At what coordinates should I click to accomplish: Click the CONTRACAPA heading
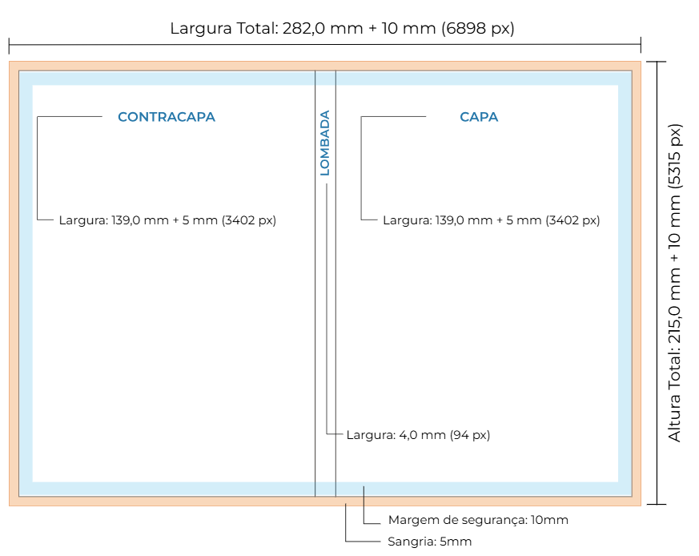pyautogui.click(x=167, y=117)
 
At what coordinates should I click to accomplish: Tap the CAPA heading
pyautogui.click(x=479, y=117)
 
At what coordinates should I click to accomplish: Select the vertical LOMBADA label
pyautogui.click(x=325, y=143)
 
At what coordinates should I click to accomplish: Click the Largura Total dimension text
pyautogui.click(x=342, y=29)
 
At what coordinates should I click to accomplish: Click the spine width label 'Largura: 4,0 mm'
pyautogui.click(x=418, y=435)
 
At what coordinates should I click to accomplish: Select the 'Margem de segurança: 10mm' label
pyautogui.click(x=478, y=520)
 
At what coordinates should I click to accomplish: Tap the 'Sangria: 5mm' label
pyautogui.click(x=430, y=542)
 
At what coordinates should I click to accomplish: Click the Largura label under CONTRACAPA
pyautogui.click(x=167, y=220)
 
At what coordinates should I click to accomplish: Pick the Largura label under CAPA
pyautogui.click(x=491, y=220)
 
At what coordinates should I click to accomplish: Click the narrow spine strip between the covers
pyautogui.click(x=325, y=320)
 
